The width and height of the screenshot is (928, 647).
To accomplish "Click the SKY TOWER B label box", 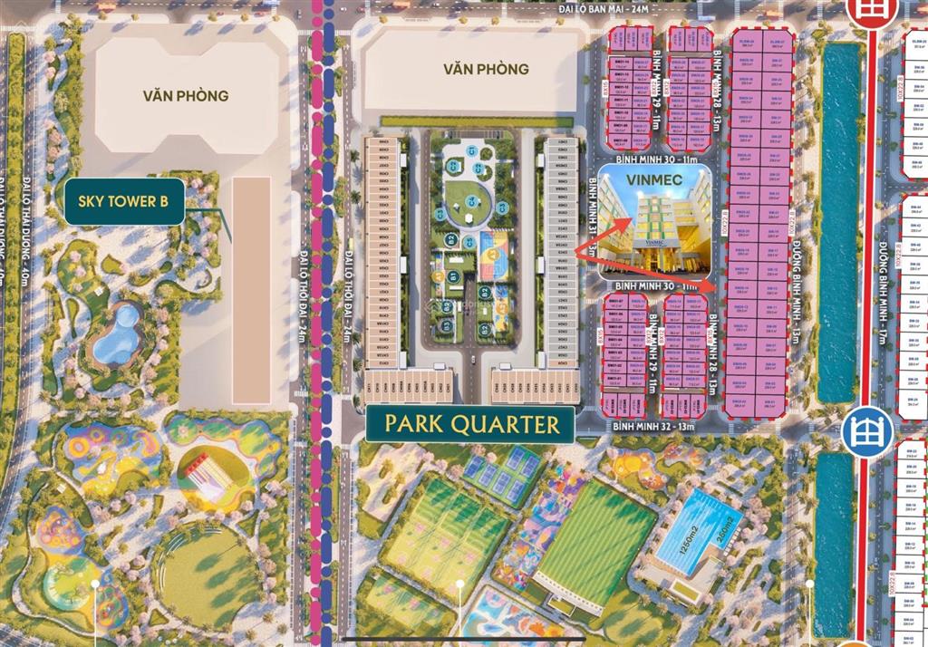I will pos(124,201).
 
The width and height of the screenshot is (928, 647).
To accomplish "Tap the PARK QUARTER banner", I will pos(470,424).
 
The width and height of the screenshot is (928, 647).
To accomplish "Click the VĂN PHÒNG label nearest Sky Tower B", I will pos(185,94).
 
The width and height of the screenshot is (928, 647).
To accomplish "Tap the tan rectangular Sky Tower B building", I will pos(251,289).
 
